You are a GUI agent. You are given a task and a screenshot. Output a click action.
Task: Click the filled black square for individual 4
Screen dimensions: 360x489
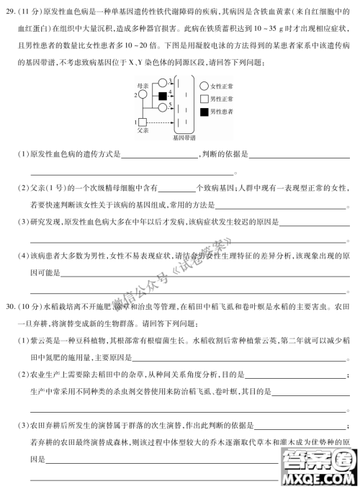coord(163,97)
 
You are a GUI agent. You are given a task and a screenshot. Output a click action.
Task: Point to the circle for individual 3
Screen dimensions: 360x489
coord(163,83)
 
